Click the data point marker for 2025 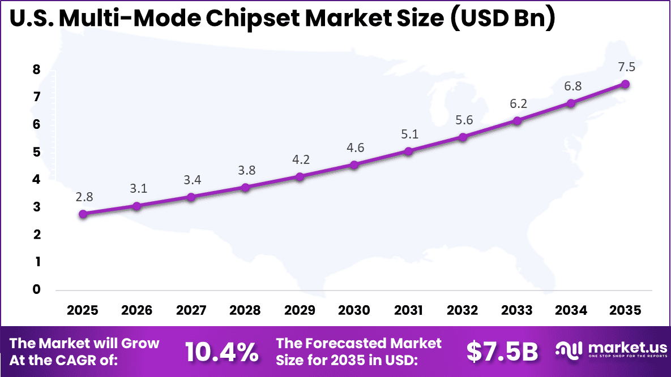point(83,214)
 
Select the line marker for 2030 point(354,165)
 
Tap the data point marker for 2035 point(625,84)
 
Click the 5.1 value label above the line point(409,135)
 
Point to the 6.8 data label point(572,86)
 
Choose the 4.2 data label point(301,160)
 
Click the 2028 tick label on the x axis point(246,310)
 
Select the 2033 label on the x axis point(517,310)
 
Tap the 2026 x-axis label point(137,310)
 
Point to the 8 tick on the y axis point(37,70)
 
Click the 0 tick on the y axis point(37,290)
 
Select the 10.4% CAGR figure point(221,352)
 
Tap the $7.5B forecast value point(502,352)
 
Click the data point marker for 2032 point(463,137)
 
